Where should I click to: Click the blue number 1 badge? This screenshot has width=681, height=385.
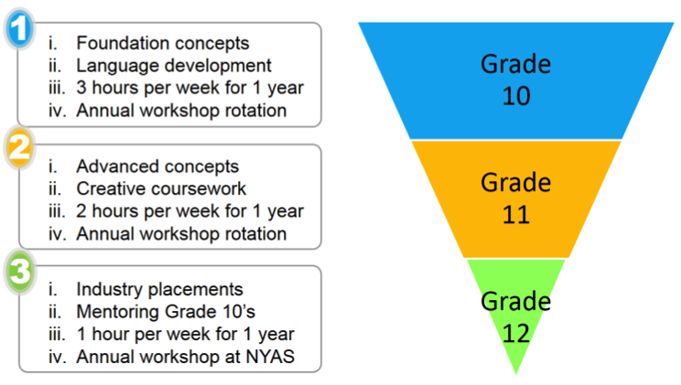click(19, 28)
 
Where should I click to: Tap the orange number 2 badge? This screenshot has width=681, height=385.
click(19, 147)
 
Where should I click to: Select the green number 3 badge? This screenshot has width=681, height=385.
click(19, 272)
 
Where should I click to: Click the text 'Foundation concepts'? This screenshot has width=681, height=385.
click(163, 43)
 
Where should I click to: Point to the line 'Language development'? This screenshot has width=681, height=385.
click(174, 66)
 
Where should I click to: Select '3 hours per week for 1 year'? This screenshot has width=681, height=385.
click(189, 88)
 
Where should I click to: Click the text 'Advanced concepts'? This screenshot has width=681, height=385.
click(157, 166)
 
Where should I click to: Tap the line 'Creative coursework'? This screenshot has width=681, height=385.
click(161, 188)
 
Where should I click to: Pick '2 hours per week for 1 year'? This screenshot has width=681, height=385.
click(189, 211)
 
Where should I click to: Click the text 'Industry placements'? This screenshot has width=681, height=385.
click(159, 290)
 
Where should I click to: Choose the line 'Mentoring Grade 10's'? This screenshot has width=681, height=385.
click(166, 312)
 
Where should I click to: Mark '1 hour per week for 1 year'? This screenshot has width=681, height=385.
click(186, 335)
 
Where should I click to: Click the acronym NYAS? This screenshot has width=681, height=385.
click(270, 357)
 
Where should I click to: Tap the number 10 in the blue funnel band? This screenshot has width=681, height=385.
click(516, 96)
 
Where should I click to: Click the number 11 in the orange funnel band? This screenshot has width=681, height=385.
click(516, 214)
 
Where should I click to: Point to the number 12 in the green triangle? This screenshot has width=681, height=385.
click(516, 334)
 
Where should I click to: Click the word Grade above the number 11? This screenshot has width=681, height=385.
click(516, 183)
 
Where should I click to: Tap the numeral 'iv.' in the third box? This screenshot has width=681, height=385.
click(58, 358)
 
